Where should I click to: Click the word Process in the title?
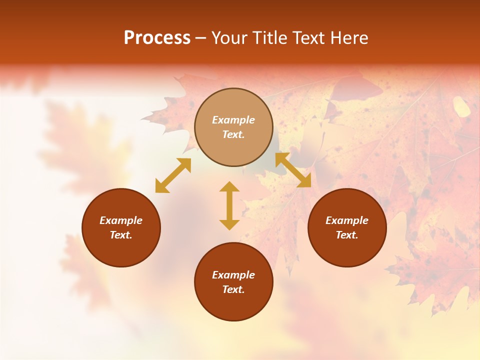[157, 38]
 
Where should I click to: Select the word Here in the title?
[348, 38]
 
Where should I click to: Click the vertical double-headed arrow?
[229, 205]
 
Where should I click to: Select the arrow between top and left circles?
[173, 175]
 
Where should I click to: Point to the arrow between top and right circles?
[293, 170]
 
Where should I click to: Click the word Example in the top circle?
[233, 120]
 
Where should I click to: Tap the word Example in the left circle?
[121, 220]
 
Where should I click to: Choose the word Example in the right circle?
[347, 220]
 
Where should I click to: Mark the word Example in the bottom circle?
[233, 275]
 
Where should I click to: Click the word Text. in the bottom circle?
[233, 289]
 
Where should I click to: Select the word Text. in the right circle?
[347, 235]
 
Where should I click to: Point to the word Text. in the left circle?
[121, 235]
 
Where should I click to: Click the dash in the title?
[201, 38]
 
